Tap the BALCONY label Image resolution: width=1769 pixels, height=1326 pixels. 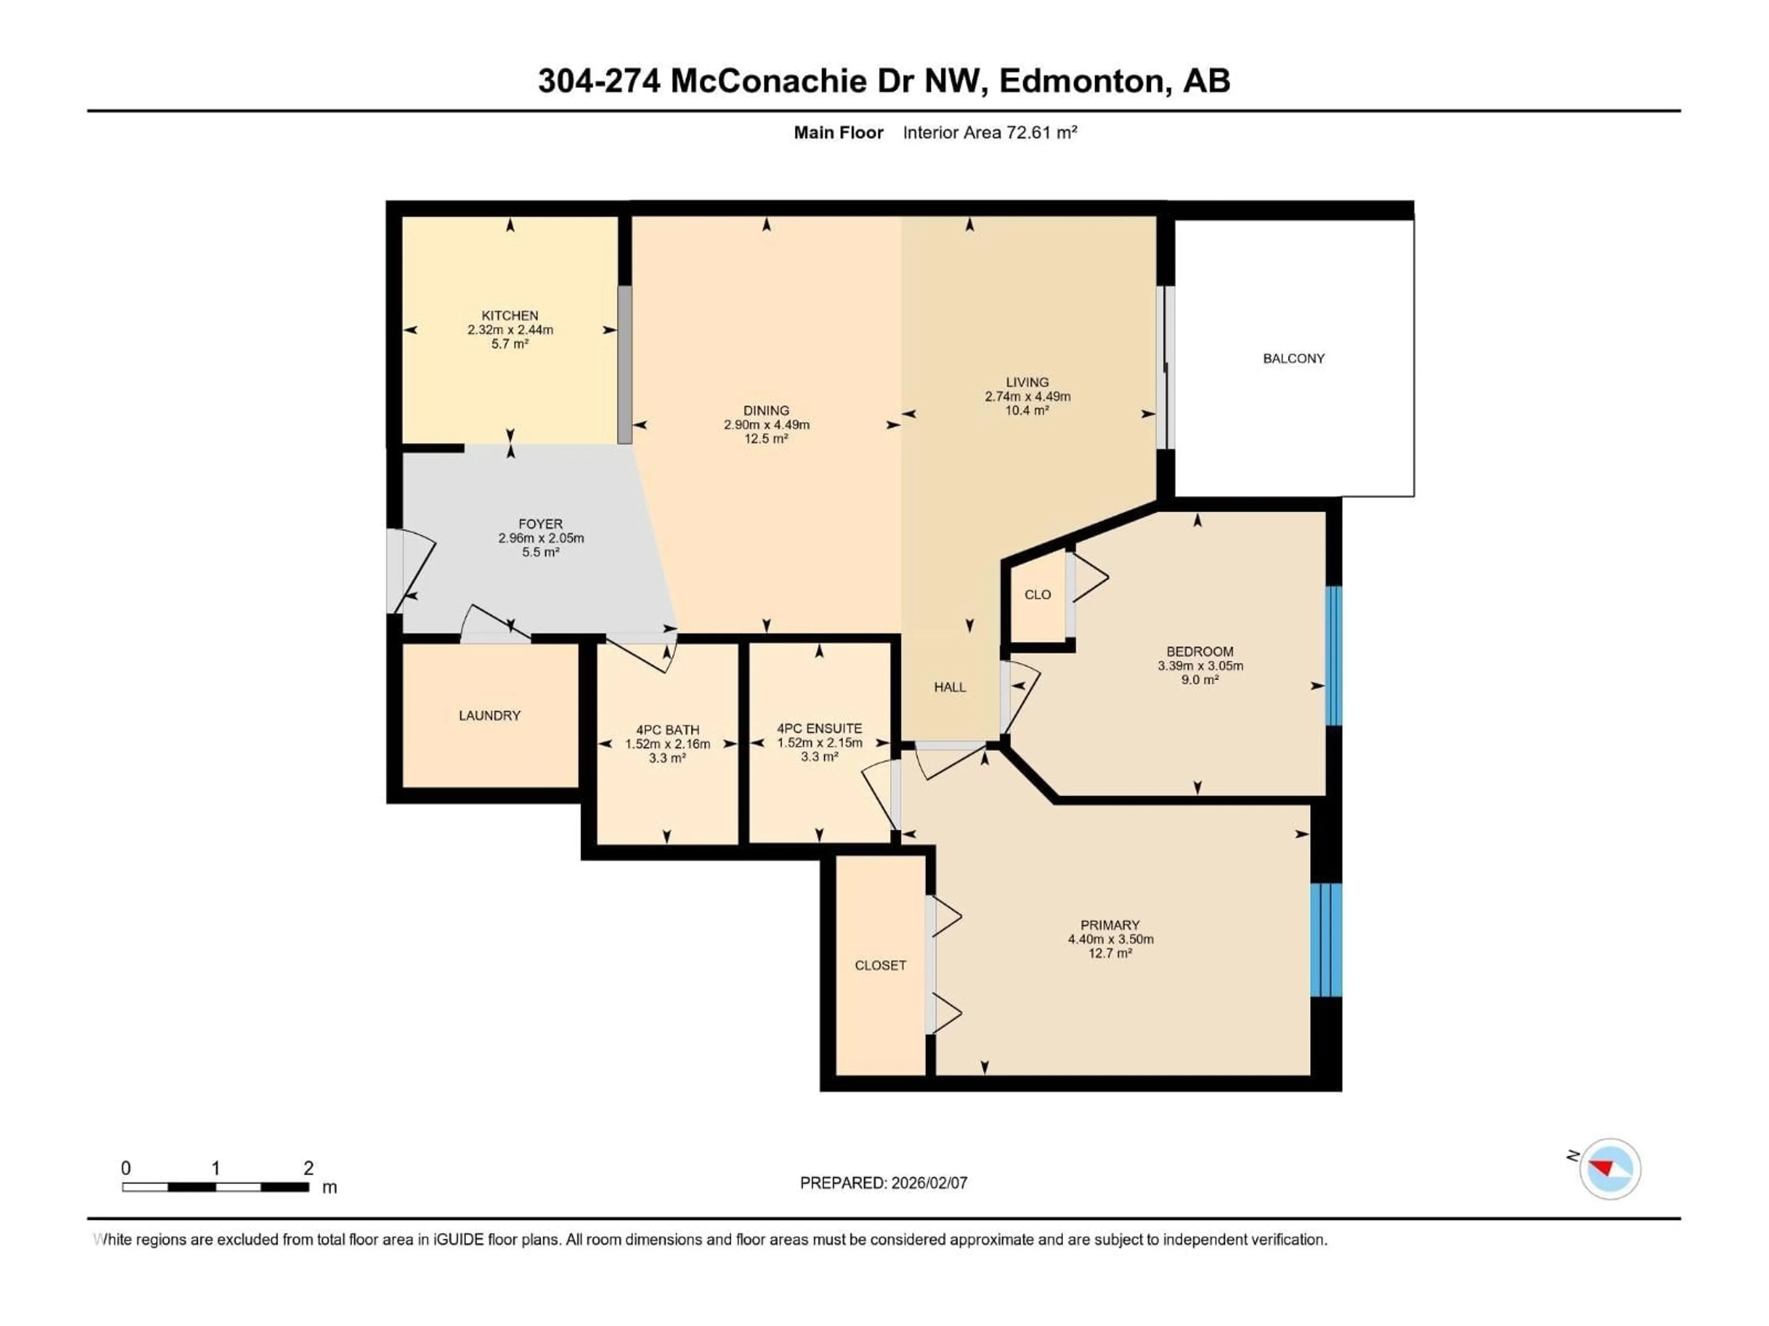pyautogui.click(x=1293, y=359)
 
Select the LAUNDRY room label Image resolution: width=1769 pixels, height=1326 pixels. pyautogui.click(x=489, y=715)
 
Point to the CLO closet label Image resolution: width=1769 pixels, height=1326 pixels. pyautogui.click(x=1037, y=595)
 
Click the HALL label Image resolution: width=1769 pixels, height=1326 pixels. pyautogui.click(x=950, y=686)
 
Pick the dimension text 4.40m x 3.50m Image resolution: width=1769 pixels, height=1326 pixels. pyautogui.click(x=1110, y=939)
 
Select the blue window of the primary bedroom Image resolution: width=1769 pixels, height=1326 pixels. pyautogui.click(x=1325, y=940)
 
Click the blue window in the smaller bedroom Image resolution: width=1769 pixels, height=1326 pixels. pyautogui.click(x=1333, y=656)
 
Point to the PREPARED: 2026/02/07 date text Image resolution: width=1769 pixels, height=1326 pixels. pyautogui.click(x=884, y=1183)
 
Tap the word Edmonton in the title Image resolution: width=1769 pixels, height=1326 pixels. pyautogui.click(x=1081, y=81)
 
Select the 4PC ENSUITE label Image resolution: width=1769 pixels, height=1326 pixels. pyautogui.click(x=819, y=728)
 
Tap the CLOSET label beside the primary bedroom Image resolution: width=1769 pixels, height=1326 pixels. pyautogui.click(x=880, y=965)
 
